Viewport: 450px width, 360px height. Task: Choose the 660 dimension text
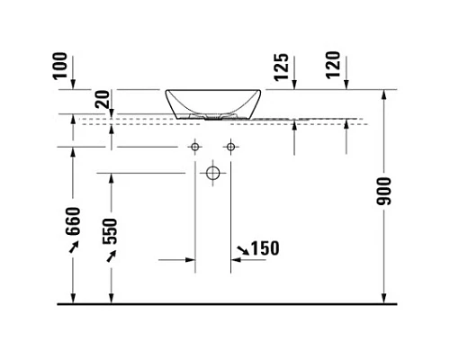click(x=74, y=221)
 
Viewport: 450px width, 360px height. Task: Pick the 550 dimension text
click(x=112, y=232)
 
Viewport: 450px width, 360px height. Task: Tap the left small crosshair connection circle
click(x=194, y=146)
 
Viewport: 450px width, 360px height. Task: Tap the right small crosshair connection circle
click(x=230, y=146)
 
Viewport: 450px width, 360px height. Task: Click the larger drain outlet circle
click(x=213, y=172)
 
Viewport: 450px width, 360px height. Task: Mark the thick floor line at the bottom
click(x=225, y=303)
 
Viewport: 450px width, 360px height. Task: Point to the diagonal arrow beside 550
click(x=112, y=257)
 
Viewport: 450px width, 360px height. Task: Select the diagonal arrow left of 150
click(x=239, y=247)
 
